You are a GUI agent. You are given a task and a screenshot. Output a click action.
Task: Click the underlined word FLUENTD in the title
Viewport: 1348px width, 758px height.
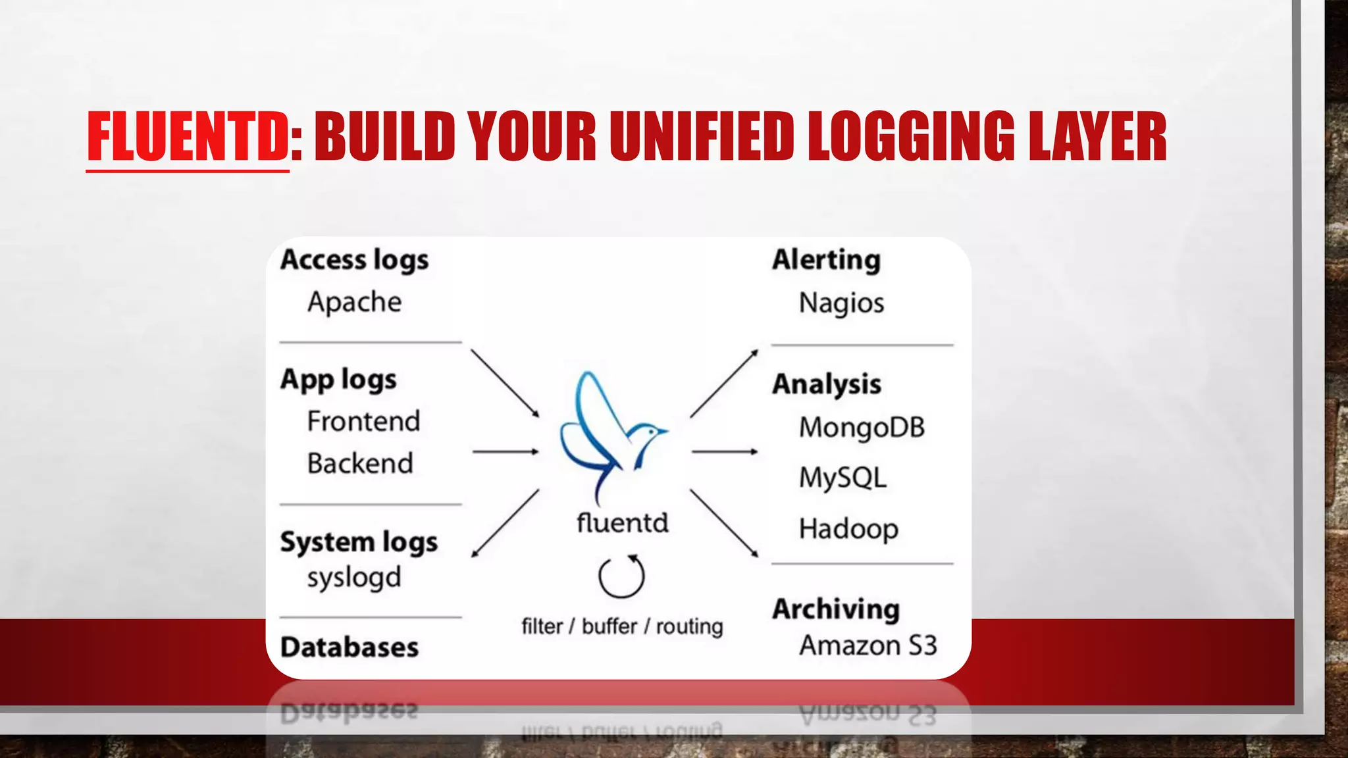point(188,136)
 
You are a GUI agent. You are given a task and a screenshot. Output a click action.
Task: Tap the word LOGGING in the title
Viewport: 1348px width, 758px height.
point(912,136)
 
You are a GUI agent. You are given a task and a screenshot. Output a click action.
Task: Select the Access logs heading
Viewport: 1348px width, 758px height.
point(354,260)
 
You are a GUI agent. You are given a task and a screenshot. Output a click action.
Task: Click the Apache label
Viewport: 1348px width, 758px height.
point(354,302)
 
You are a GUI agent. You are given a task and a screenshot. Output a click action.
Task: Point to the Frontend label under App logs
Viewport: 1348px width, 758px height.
point(363,421)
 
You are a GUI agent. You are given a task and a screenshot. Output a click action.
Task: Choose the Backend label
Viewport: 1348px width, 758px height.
point(360,463)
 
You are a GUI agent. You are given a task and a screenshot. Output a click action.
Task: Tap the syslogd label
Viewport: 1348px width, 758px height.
point(354,578)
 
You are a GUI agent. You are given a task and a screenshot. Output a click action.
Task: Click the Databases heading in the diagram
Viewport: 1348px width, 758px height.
point(349,647)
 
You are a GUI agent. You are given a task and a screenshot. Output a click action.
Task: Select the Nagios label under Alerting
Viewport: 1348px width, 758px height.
point(841,303)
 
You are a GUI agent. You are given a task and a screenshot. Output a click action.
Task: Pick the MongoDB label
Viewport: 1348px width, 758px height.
point(862,428)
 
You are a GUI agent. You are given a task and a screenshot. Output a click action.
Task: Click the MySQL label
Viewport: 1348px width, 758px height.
point(842,478)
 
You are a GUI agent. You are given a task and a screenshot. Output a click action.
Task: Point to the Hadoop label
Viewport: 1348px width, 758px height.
point(848,529)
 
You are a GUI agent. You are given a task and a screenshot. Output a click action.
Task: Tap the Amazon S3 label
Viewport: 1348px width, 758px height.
point(868,645)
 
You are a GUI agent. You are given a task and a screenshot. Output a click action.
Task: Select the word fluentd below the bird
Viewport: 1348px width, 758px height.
point(622,523)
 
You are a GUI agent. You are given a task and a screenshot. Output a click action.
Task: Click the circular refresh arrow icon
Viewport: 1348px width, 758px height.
point(621,577)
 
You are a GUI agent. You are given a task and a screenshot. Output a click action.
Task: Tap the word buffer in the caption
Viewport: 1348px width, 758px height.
point(609,626)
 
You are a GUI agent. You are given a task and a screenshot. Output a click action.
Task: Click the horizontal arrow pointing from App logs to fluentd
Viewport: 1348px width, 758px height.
point(505,452)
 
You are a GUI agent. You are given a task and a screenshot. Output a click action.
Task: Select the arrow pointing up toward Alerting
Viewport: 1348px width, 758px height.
point(724,384)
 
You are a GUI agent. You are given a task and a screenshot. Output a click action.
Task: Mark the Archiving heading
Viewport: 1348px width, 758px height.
point(836,609)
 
